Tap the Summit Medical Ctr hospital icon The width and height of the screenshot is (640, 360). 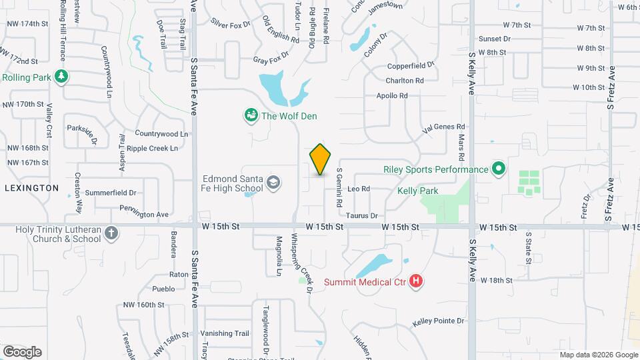tap(417, 281)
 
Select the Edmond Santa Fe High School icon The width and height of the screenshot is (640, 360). tap(273, 182)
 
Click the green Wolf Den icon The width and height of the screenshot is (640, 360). tap(251, 116)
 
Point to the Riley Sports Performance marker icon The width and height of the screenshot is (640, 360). tap(498, 169)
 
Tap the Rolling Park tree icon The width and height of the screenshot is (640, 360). tap(61, 77)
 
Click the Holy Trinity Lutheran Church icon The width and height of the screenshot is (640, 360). tap(112, 234)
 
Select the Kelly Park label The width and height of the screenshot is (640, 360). tap(417, 191)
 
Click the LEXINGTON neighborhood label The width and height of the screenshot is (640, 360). tap(31, 188)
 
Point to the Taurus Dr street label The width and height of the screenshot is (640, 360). tap(362, 215)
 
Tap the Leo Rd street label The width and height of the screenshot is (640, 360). tap(359, 189)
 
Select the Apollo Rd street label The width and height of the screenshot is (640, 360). tap(392, 96)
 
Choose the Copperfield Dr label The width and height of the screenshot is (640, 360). tap(411, 66)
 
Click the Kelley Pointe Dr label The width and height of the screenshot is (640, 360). tap(438, 321)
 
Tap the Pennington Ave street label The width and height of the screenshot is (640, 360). tap(144, 215)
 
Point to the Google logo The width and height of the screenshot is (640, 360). tap(22, 351)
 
